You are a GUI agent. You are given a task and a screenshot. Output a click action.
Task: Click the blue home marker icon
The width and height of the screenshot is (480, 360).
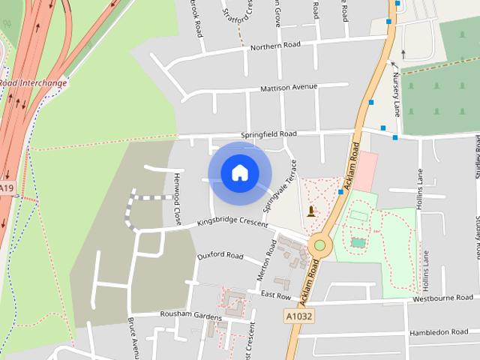point(239,173)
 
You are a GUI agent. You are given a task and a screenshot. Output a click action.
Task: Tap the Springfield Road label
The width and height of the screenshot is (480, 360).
point(268,134)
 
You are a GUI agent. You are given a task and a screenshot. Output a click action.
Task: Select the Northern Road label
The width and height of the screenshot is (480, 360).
point(275,45)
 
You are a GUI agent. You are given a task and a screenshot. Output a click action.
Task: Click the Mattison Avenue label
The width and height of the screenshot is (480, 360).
point(289,88)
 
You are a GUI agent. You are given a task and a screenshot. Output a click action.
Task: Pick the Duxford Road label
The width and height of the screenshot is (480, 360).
point(220,256)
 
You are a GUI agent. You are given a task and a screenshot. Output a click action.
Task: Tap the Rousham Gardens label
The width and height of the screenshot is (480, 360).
point(181,313)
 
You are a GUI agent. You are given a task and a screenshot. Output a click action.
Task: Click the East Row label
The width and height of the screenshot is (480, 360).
point(275,296)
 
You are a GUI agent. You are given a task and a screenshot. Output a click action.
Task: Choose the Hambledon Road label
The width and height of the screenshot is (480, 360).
point(439,331)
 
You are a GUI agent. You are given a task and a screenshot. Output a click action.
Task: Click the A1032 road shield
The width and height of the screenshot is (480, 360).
point(298,316)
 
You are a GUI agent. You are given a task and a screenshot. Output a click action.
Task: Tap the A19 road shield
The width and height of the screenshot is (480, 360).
point(7,188)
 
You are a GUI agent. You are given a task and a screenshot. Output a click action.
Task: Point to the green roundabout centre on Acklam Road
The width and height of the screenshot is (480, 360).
point(320,244)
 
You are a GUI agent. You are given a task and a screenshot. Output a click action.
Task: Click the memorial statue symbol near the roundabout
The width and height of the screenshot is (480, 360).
point(311,212)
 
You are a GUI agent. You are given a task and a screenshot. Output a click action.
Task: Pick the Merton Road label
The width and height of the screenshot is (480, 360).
point(267,260)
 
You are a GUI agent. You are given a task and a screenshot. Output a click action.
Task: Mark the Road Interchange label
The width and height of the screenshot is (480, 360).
point(33,83)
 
